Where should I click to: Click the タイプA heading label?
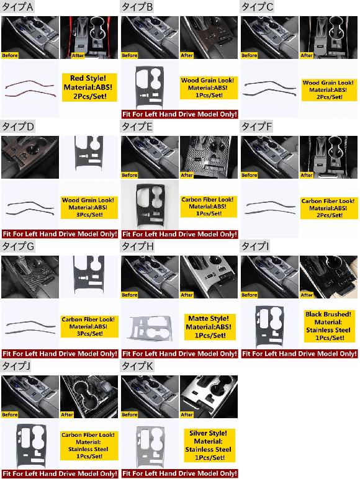(18, 7)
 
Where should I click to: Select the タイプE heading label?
(137, 127)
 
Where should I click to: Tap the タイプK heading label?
(138, 366)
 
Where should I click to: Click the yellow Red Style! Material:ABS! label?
(89, 87)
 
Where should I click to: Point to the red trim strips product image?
(30, 89)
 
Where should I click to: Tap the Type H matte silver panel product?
(151, 328)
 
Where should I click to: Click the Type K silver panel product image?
(150, 446)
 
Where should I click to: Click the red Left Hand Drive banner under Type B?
(179, 114)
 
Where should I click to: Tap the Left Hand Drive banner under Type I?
(299, 354)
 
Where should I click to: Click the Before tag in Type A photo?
(10, 55)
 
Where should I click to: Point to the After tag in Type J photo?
(67, 414)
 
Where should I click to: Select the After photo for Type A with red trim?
(89, 37)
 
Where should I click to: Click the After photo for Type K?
(209, 396)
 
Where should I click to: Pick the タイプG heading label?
(18, 246)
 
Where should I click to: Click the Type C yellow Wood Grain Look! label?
(329, 90)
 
